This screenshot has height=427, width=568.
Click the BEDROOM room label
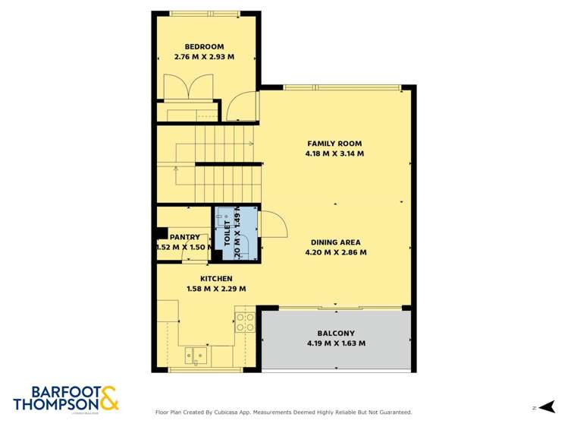(x=204, y=46)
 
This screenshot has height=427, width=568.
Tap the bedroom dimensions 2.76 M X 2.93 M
(x=204, y=57)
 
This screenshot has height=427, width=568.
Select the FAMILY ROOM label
(x=334, y=143)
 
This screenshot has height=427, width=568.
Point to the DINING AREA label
(x=335, y=242)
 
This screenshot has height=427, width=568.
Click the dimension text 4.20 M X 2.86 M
(x=335, y=253)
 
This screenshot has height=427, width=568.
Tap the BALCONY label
(x=335, y=333)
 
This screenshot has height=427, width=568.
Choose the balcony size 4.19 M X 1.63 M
(x=335, y=343)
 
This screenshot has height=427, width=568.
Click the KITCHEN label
(x=216, y=278)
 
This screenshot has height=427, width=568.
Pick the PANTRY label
(x=184, y=237)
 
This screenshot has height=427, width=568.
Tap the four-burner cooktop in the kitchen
(x=244, y=322)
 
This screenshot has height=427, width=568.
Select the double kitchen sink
(x=196, y=355)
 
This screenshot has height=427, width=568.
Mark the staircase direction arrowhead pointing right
(x=252, y=143)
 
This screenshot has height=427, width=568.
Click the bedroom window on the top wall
(x=204, y=14)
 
